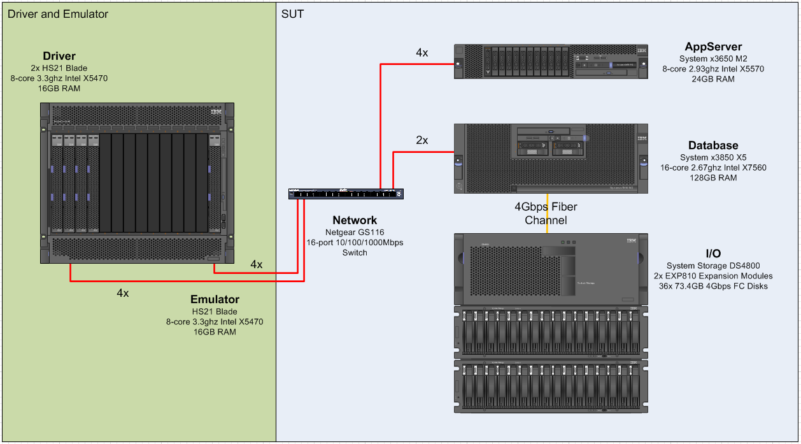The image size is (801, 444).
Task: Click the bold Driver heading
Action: coord(59,57)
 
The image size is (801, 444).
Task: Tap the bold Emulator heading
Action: coord(215,299)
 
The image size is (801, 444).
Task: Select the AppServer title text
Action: coord(713,47)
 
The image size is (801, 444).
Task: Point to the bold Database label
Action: coord(713,146)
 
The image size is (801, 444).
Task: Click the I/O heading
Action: coord(713,254)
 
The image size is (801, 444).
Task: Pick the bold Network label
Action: coord(355,220)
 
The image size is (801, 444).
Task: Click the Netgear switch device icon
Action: coord(346,194)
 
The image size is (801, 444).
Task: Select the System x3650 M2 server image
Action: coord(551,61)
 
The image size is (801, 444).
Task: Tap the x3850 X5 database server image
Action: coord(551,158)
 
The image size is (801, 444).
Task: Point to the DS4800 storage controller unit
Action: coord(551,269)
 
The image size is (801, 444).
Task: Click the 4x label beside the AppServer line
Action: coord(422,53)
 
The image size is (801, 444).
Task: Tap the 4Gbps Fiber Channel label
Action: coord(546,213)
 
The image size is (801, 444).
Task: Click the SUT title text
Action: coord(293,14)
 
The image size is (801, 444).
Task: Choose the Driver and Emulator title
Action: coord(58,14)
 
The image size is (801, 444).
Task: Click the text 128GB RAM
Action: coord(713,178)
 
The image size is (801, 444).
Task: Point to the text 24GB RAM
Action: coord(713,79)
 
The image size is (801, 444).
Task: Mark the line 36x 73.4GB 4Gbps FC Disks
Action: coord(713,286)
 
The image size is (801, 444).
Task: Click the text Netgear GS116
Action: coord(355,233)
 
